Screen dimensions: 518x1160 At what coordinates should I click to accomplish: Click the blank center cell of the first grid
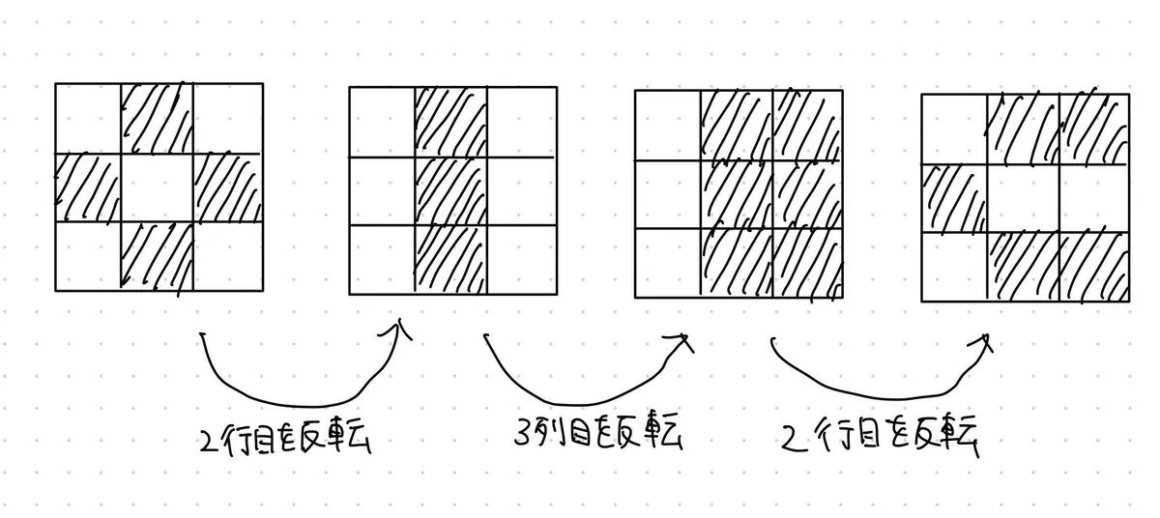pos(157,187)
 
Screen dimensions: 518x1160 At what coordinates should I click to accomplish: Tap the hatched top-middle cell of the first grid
pos(157,118)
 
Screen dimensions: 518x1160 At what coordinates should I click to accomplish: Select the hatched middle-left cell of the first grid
pos(88,187)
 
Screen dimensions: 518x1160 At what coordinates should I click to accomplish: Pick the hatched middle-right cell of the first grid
pos(228,187)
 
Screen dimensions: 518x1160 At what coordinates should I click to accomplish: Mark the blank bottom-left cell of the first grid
pos(88,256)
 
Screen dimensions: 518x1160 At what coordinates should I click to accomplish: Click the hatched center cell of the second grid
pos(450,190)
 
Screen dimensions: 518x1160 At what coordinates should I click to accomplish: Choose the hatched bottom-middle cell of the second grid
pos(450,258)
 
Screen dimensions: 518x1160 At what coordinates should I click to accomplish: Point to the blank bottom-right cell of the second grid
pos(522,258)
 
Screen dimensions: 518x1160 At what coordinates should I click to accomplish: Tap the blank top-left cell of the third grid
pos(667,125)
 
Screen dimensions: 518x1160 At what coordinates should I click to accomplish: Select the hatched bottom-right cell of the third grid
pos(807,262)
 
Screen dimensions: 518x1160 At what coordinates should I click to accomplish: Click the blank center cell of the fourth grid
pos(1023,199)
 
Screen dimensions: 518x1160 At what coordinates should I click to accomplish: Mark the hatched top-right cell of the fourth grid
pos(1094,128)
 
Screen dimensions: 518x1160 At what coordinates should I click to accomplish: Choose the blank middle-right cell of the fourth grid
pos(1094,199)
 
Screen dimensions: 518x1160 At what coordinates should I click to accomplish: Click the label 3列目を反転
pos(595,436)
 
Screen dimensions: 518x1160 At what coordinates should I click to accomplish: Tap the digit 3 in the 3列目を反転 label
pos(522,438)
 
